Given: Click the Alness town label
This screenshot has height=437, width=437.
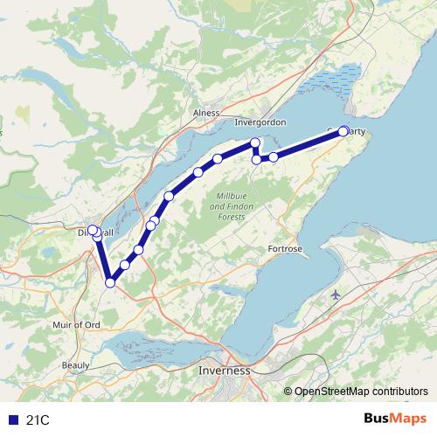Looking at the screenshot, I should coord(206,114).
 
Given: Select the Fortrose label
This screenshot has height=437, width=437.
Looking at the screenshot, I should coord(285,249).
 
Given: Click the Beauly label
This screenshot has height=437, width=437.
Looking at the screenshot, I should coord(75,364).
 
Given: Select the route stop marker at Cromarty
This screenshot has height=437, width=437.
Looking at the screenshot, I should coord(343,131).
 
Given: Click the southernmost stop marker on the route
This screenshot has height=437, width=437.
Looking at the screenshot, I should coord(110,282).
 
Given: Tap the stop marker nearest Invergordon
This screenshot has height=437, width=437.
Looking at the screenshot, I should coord(255,142).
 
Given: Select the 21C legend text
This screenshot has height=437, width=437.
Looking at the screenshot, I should coord(38,420).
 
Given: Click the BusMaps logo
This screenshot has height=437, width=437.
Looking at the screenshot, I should coord(395,420).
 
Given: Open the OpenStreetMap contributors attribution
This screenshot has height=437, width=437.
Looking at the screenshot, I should coord(362,392).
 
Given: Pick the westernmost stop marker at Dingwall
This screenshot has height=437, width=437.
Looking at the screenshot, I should coord(92,230).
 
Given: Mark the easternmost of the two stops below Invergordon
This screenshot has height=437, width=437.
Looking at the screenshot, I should coord(274,157).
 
